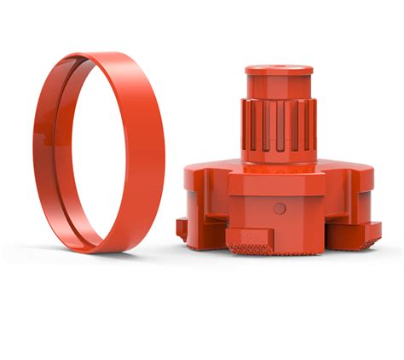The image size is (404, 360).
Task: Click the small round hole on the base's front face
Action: pyautogui.click(x=280, y=208)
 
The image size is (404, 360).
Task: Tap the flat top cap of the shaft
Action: pyautogui.click(x=279, y=69)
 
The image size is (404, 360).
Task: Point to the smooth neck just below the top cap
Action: pyautogui.click(x=279, y=86)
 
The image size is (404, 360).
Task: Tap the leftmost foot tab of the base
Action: pyautogui.click(x=182, y=228)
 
